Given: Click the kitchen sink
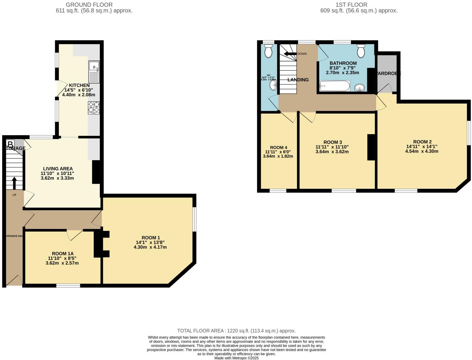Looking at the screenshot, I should point(94,72).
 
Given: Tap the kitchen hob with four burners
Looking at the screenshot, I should point(94,108).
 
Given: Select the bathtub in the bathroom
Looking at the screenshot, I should point(334,86).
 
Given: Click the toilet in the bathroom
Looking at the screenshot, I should point(361,51).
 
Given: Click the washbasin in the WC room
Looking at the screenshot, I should point(273,85).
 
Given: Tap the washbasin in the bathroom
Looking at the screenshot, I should point(359,87).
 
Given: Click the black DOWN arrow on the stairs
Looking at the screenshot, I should point(290,54).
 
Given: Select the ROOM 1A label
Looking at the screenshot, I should point(63,253).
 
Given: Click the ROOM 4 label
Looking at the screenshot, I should point(278,148).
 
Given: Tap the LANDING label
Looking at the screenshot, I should point(298,80).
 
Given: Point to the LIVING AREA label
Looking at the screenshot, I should point(58,169).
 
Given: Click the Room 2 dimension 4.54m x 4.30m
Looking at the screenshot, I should point(422,151).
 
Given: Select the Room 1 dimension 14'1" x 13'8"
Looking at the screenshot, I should point(150,242).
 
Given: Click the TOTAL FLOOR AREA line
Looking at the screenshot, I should point(236,331).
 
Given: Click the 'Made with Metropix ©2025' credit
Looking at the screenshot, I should point(236,358).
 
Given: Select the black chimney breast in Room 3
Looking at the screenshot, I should point(371,148).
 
